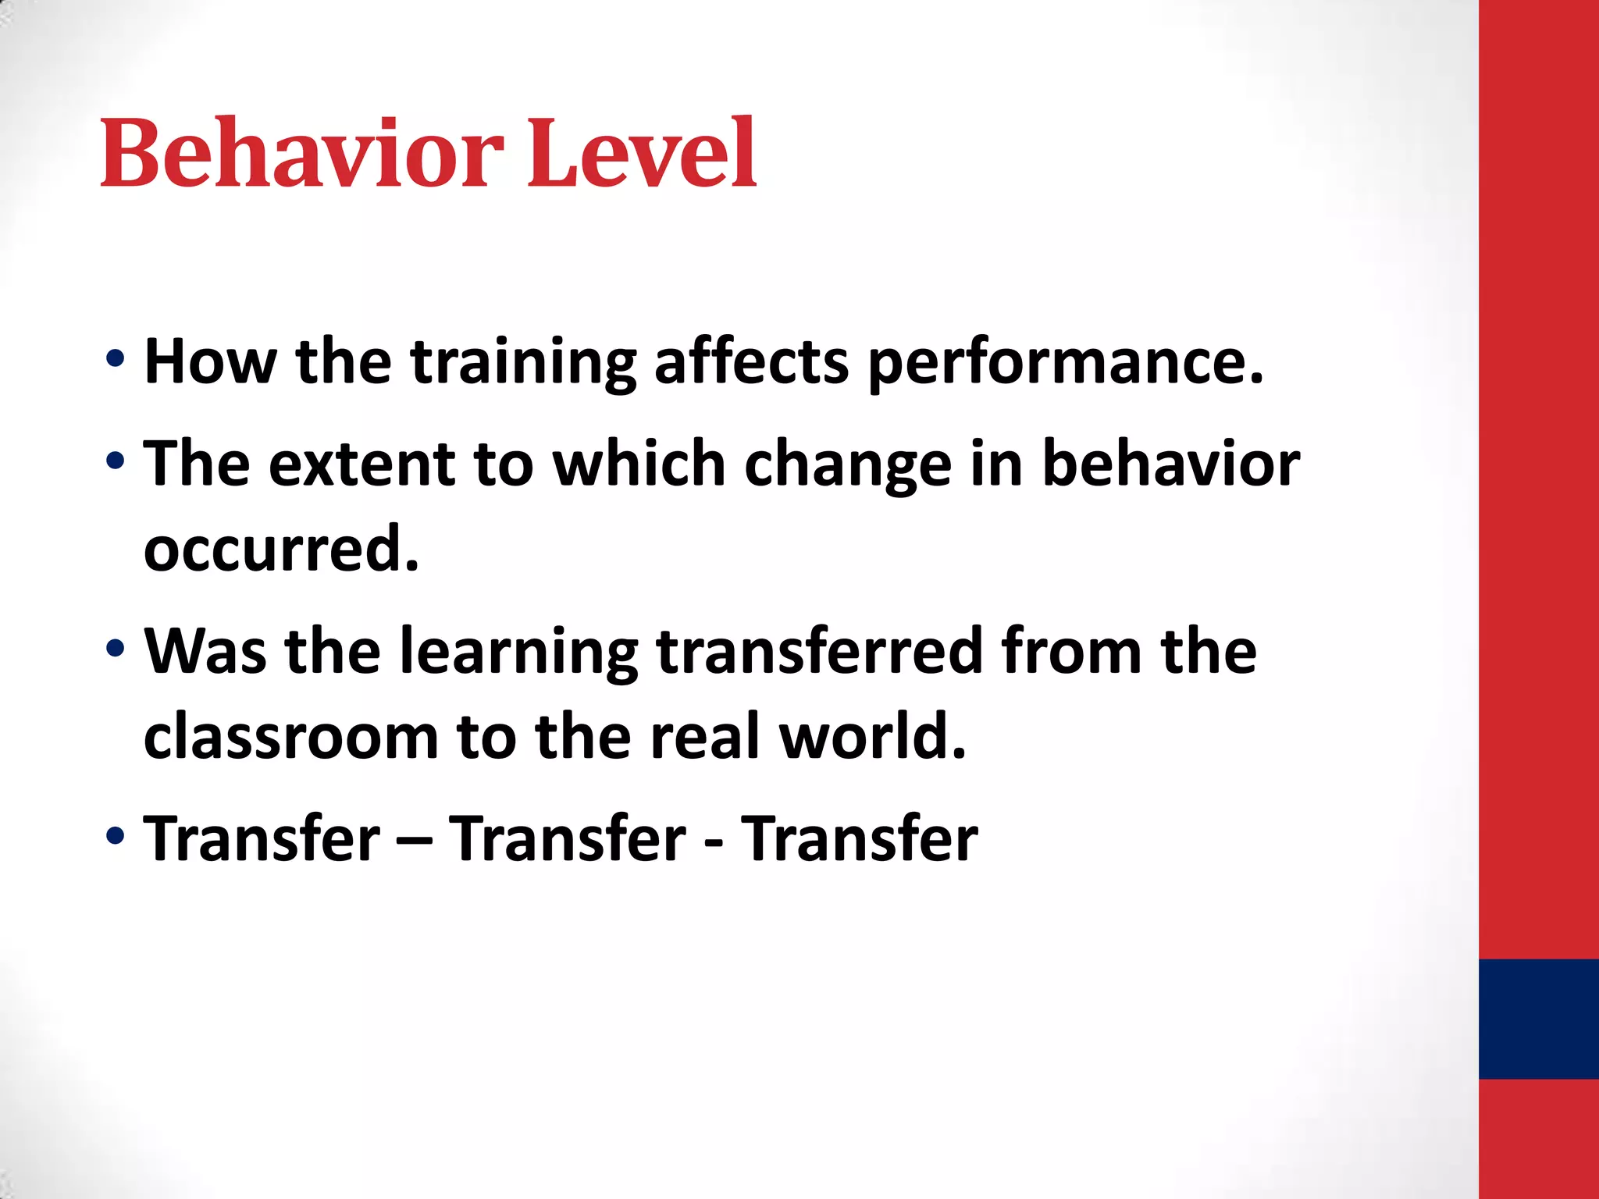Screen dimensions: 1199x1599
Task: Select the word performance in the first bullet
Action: tap(1065, 364)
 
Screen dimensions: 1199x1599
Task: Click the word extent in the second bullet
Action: tap(361, 464)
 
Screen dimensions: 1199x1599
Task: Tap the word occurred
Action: tap(281, 550)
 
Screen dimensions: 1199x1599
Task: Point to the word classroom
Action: tap(291, 737)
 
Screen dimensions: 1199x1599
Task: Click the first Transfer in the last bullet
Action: tap(262, 838)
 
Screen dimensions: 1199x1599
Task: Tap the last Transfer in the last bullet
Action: tap(859, 838)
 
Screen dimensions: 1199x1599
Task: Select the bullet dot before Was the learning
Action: tap(115, 648)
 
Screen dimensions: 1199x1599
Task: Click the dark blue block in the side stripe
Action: tap(1538, 1019)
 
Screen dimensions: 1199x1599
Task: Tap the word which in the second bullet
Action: tap(639, 464)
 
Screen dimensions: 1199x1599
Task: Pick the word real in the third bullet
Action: tap(704, 737)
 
